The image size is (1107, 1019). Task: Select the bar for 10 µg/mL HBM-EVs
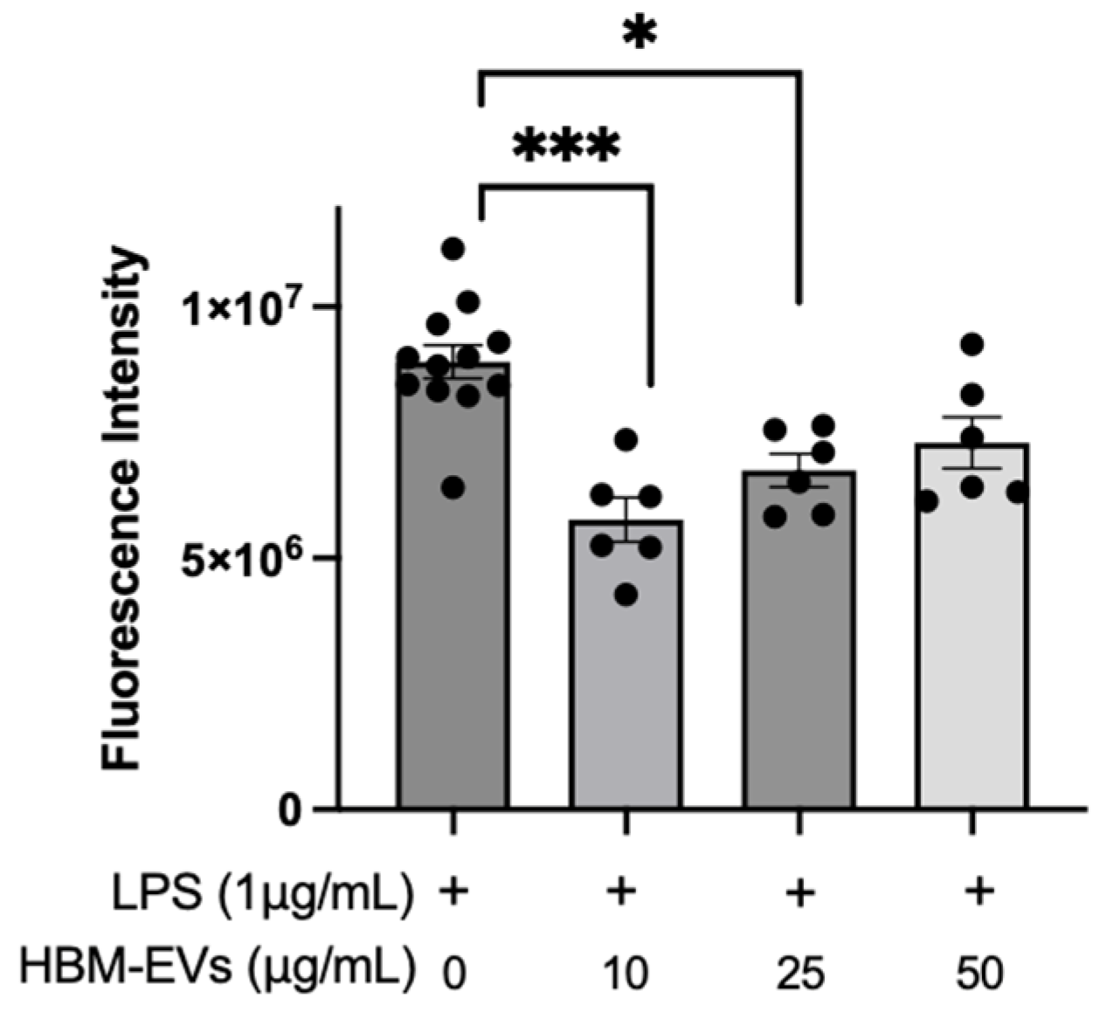(x=626, y=681)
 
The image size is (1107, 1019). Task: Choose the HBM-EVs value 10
(x=626, y=971)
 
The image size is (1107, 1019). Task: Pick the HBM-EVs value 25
(x=799, y=971)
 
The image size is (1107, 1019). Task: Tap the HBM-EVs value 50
(x=979, y=971)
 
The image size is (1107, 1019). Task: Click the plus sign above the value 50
(x=979, y=894)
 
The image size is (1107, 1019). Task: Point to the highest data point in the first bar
(x=453, y=249)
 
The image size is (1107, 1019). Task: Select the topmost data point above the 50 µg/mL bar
(x=972, y=344)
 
